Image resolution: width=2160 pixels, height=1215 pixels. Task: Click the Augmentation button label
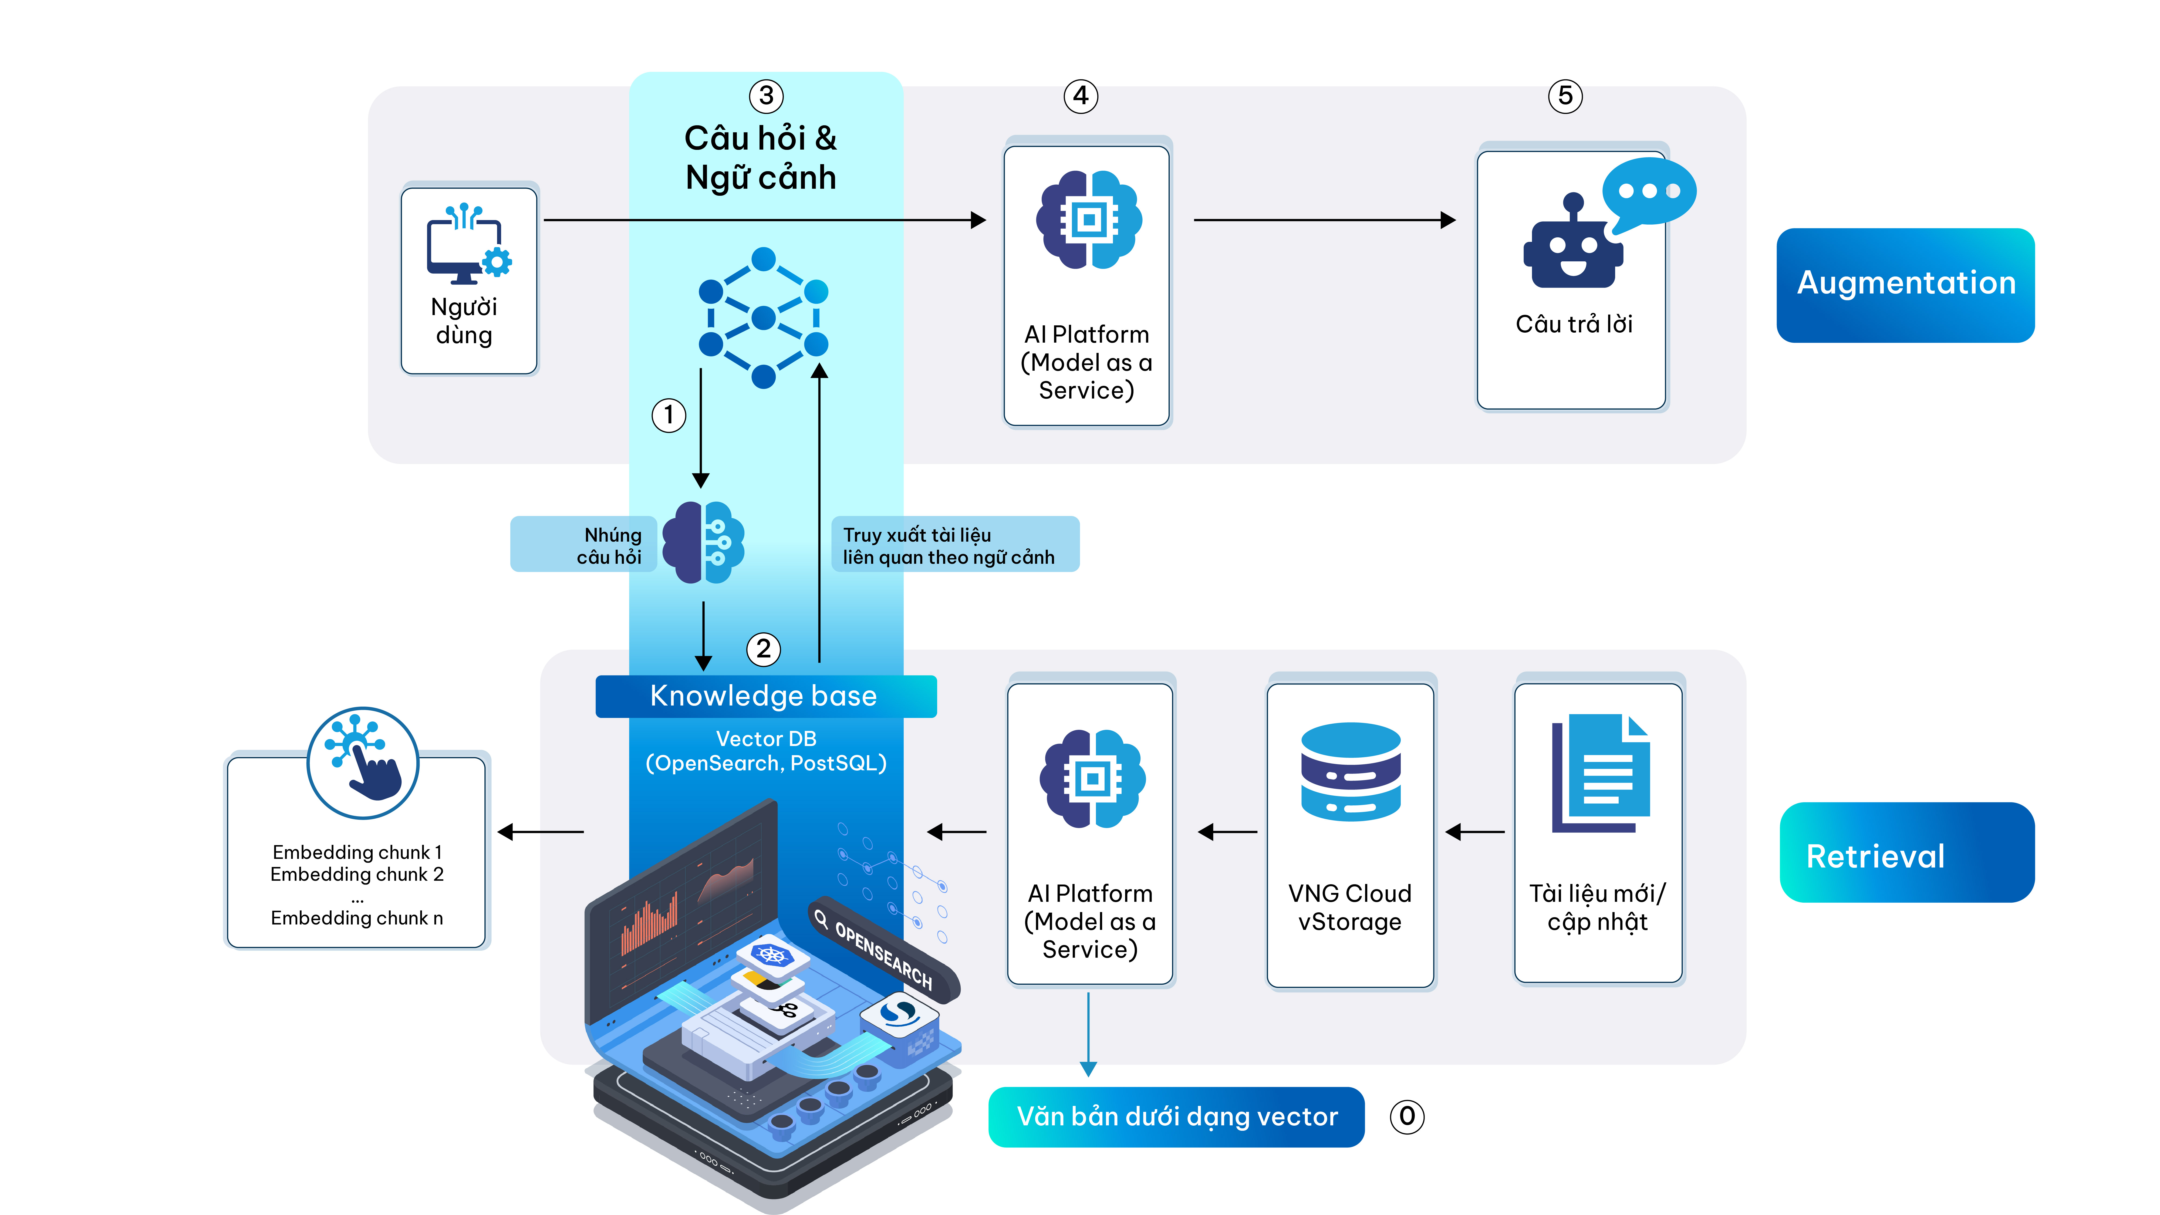pyautogui.click(x=1905, y=283)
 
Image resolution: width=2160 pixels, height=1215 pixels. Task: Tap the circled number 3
pyautogui.click(x=765, y=96)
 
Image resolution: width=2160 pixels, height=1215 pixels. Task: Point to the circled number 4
pyautogui.click(x=1081, y=96)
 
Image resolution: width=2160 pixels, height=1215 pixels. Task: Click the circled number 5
pyautogui.click(x=1565, y=96)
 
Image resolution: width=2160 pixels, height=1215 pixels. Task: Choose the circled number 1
pyautogui.click(x=668, y=415)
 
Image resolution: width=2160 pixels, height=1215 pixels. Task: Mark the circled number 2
pyautogui.click(x=763, y=649)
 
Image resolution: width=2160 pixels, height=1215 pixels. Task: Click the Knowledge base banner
pyautogui.click(x=765, y=696)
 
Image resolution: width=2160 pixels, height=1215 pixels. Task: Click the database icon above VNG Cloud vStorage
pyautogui.click(x=1350, y=771)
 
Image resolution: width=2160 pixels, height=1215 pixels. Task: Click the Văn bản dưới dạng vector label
pyautogui.click(x=1176, y=1117)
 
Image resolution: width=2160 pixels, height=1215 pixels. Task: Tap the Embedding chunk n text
pyautogui.click(x=356, y=918)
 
